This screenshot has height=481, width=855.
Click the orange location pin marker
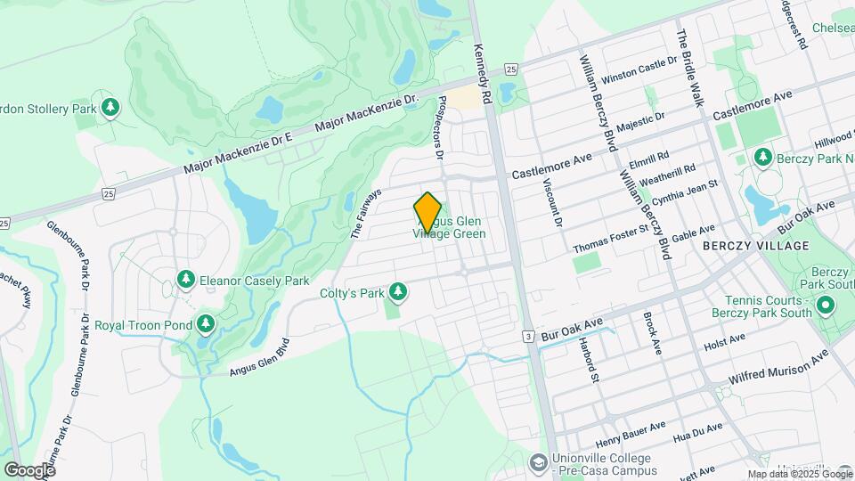point(427,212)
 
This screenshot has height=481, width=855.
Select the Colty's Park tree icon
point(398,291)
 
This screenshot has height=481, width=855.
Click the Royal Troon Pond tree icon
point(206,324)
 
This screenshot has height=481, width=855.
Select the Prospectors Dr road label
point(440,128)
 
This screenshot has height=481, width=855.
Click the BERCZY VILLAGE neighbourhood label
point(756,245)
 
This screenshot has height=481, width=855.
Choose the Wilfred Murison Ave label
point(778,368)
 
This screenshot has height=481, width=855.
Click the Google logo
point(29,469)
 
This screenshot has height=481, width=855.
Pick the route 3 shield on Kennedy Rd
point(528,337)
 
